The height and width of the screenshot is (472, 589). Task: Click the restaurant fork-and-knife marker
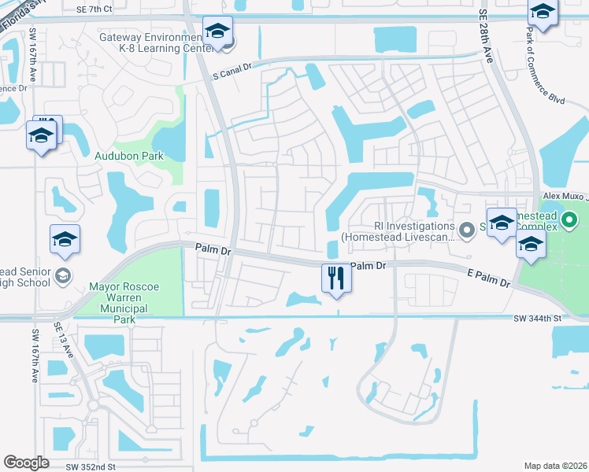coord(335,278)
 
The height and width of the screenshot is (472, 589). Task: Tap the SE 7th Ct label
coord(95,9)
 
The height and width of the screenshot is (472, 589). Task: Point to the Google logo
coord(26,463)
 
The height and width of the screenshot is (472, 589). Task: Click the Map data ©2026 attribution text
coord(556,466)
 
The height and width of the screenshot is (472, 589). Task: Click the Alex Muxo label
coord(565,196)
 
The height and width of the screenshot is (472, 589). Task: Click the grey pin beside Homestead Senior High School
coord(62,275)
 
